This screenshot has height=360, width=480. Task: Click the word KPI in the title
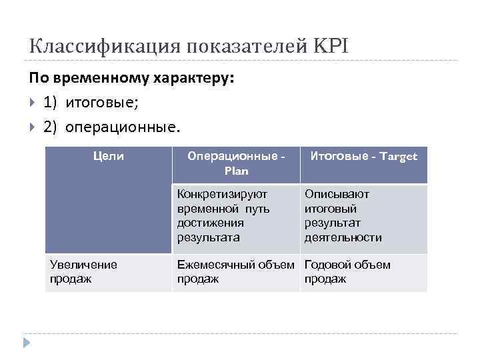coord(330,46)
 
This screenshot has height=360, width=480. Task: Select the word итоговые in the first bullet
coord(101,103)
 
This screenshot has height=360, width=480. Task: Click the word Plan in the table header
coord(236,171)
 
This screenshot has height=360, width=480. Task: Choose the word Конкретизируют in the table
coord(222,194)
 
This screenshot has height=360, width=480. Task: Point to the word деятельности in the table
coord(343,237)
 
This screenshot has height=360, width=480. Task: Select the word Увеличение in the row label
coord(83,265)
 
